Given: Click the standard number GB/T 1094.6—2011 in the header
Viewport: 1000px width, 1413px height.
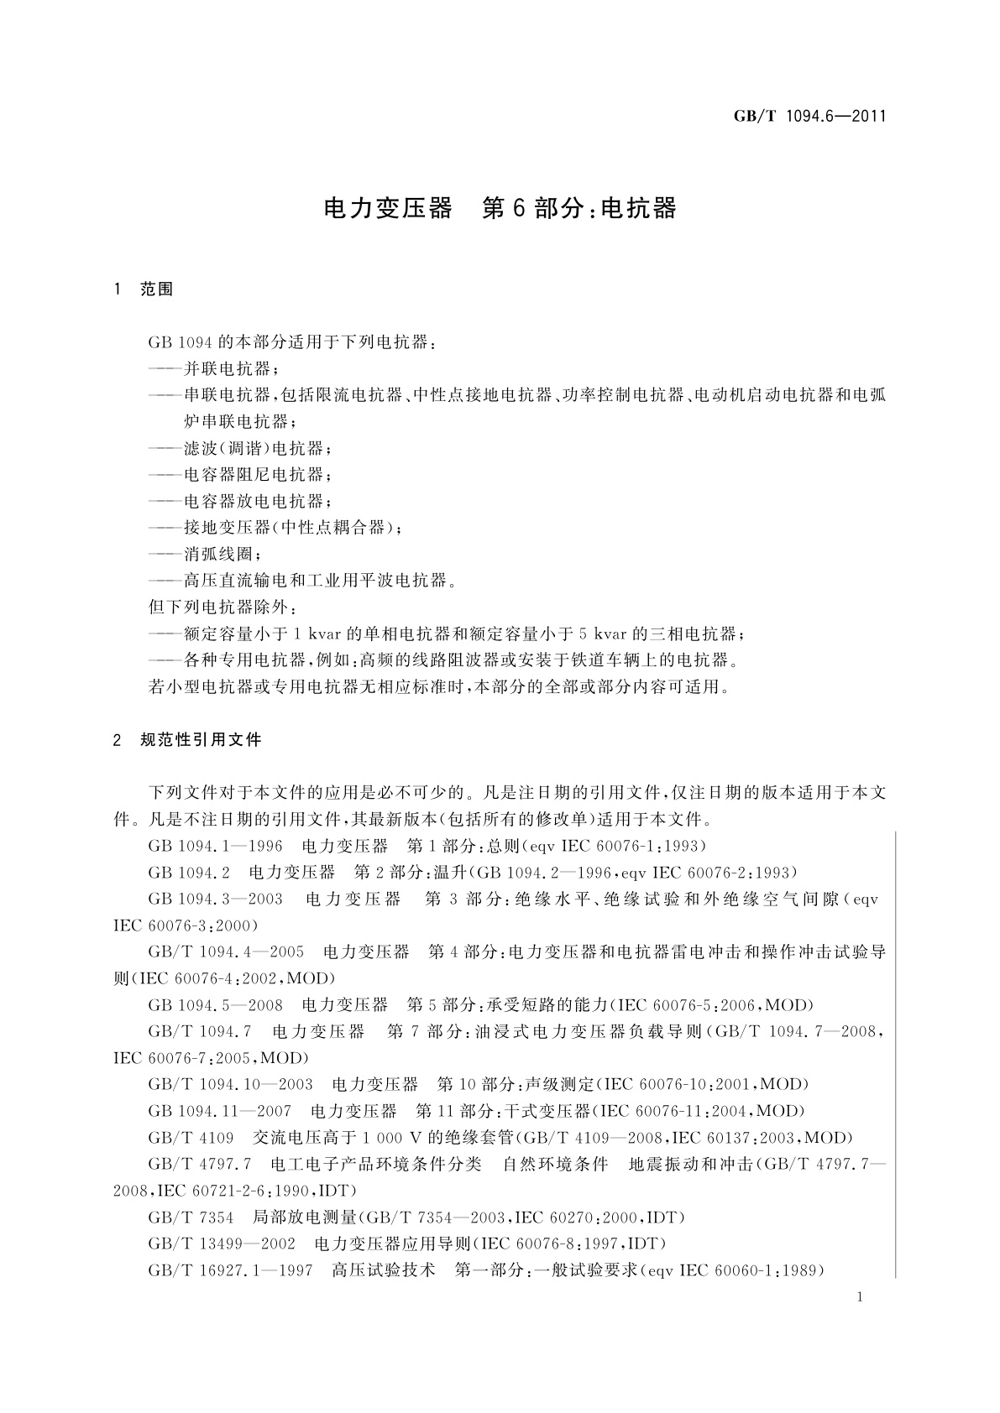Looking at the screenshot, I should (810, 117).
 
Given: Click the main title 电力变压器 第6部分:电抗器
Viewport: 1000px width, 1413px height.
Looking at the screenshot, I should (500, 209).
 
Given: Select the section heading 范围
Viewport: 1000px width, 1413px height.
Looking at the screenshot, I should (157, 289).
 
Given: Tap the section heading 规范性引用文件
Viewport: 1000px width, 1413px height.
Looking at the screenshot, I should (202, 739).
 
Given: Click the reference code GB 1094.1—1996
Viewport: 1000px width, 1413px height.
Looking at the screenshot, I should (215, 845).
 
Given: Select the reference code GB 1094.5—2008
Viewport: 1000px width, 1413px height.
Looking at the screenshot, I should (215, 1004).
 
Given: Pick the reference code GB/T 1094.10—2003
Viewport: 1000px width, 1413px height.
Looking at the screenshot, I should (230, 1084).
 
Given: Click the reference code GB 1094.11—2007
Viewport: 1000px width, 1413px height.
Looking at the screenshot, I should (219, 1111).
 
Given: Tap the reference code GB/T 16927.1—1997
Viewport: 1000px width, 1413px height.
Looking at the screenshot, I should (230, 1270).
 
